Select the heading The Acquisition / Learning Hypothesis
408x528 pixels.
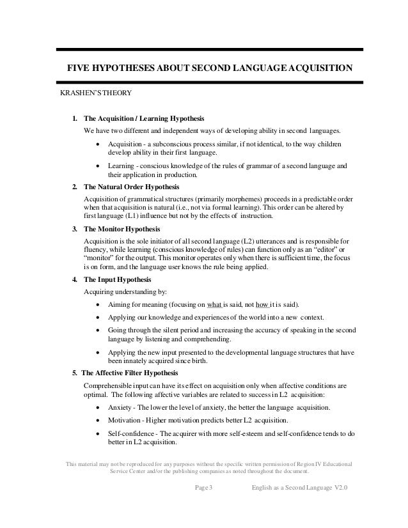[144, 119]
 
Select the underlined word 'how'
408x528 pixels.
[261, 303]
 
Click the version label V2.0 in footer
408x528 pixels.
[340, 490]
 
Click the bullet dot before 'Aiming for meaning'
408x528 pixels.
[97, 303]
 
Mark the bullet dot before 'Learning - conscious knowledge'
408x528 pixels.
[97, 166]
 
